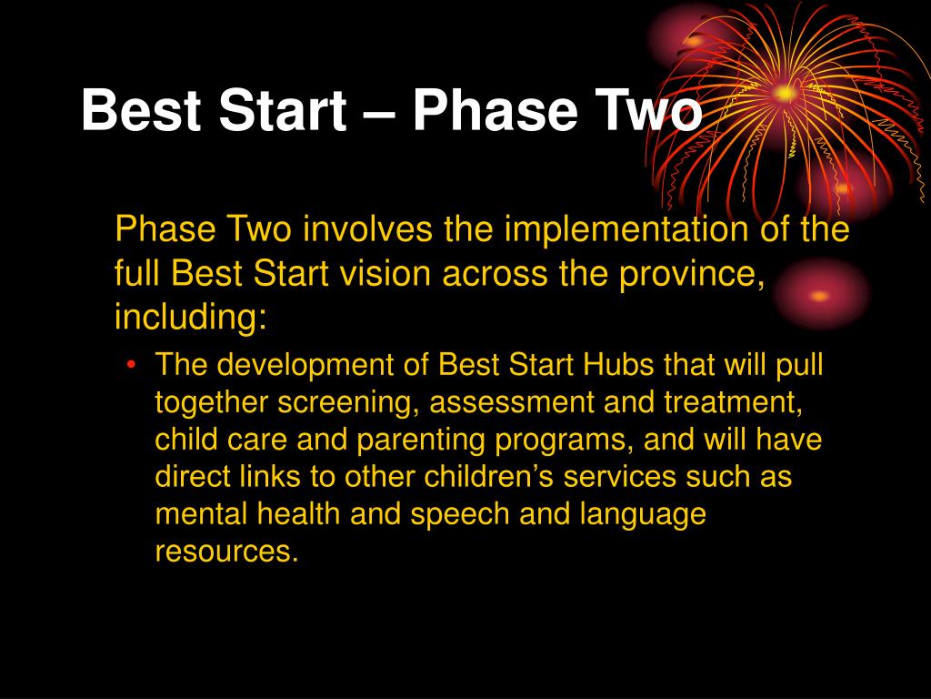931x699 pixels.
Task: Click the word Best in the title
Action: [141, 110]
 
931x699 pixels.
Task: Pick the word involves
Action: [368, 229]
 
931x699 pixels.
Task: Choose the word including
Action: [191, 318]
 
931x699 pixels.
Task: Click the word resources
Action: [226, 552]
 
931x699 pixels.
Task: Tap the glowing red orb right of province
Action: [820, 295]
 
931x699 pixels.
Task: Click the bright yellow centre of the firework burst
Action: [785, 93]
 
